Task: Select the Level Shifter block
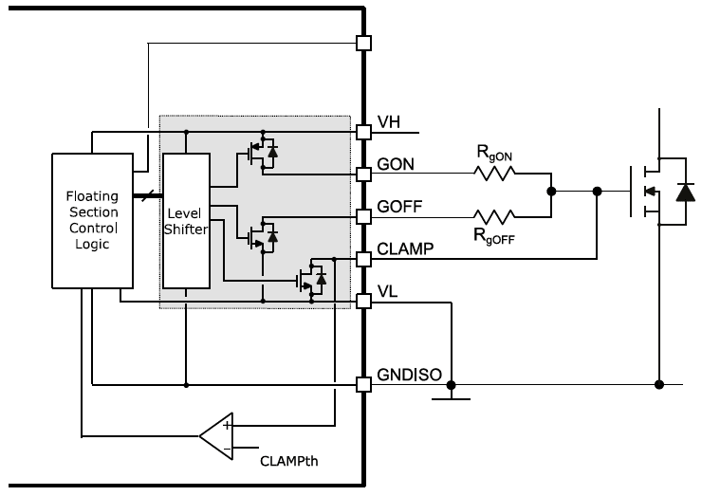pyautogui.click(x=187, y=219)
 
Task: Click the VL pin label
pyautogui.click(x=388, y=293)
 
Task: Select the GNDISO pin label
pyautogui.click(x=410, y=375)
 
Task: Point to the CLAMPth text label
pyautogui.click(x=290, y=464)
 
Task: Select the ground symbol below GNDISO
pyautogui.click(x=452, y=396)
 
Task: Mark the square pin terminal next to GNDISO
pyautogui.click(x=362, y=385)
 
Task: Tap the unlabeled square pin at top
pyautogui.click(x=362, y=43)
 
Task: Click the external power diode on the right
pyautogui.click(x=682, y=193)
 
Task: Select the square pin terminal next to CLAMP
pyautogui.click(x=362, y=258)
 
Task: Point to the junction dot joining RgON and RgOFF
pyautogui.click(x=550, y=192)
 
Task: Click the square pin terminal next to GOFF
pyautogui.click(x=362, y=216)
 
